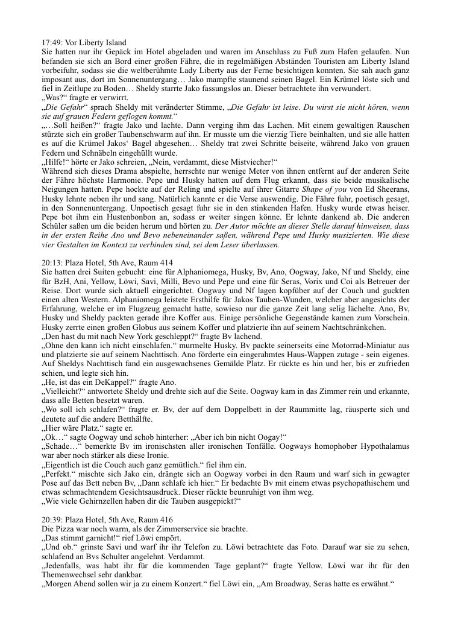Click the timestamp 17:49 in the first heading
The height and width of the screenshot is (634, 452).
tap(50, 42)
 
